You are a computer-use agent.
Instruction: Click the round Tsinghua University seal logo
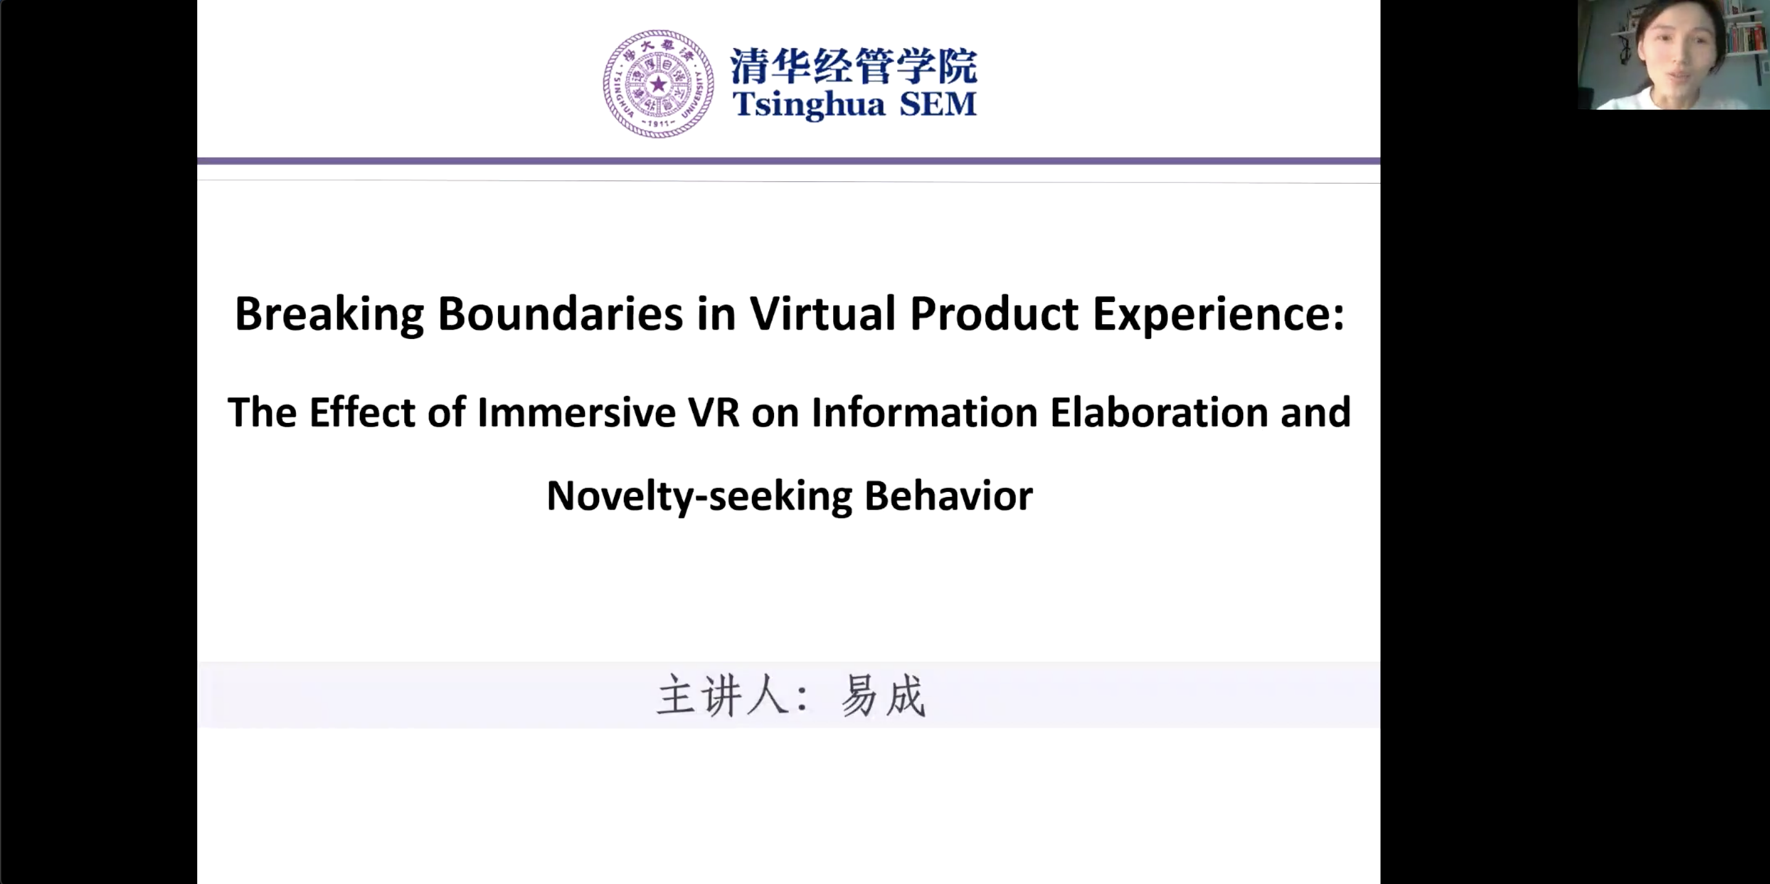[x=658, y=84]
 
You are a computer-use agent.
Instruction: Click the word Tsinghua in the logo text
[x=809, y=104]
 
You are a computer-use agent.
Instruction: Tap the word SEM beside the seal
[x=938, y=104]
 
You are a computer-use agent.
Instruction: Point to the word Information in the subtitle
[x=924, y=412]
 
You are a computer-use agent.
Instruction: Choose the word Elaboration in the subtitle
[x=1159, y=412]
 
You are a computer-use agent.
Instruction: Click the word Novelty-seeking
[x=699, y=496]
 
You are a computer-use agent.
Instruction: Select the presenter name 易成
[x=884, y=695]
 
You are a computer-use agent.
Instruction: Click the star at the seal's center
[x=658, y=84]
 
